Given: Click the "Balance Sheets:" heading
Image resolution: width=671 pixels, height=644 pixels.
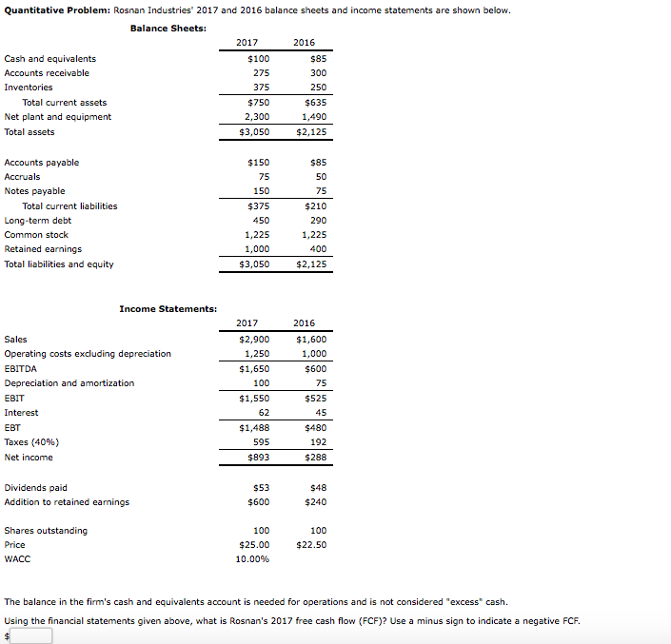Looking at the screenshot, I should click(168, 28).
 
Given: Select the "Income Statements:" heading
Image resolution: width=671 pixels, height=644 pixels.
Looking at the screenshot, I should click(168, 308).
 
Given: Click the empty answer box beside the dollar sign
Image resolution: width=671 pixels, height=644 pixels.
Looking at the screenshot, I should click(32, 635).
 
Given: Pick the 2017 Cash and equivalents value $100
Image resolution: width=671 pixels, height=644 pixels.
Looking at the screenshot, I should click(258, 59).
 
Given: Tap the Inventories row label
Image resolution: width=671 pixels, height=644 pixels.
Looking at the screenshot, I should click(29, 88).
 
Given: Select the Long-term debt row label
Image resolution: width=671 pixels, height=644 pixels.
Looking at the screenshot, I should click(38, 221).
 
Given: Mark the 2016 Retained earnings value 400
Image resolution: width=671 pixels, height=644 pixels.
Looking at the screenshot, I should click(318, 249).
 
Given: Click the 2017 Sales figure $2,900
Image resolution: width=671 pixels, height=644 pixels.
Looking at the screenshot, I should click(254, 340).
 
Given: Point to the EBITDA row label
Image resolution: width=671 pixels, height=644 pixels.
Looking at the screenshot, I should click(20, 368).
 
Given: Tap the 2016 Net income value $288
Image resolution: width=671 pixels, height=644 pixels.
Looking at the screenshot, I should click(315, 458).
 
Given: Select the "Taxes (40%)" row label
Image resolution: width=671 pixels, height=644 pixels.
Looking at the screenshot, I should click(31, 442).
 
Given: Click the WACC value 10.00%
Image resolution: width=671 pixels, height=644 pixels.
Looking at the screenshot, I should click(252, 559).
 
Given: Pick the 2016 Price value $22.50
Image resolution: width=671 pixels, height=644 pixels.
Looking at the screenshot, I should click(311, 545).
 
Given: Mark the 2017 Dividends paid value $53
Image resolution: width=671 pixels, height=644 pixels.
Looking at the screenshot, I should click(260, 488).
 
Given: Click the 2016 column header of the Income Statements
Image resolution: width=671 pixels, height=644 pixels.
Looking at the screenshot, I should click(304, 323).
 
